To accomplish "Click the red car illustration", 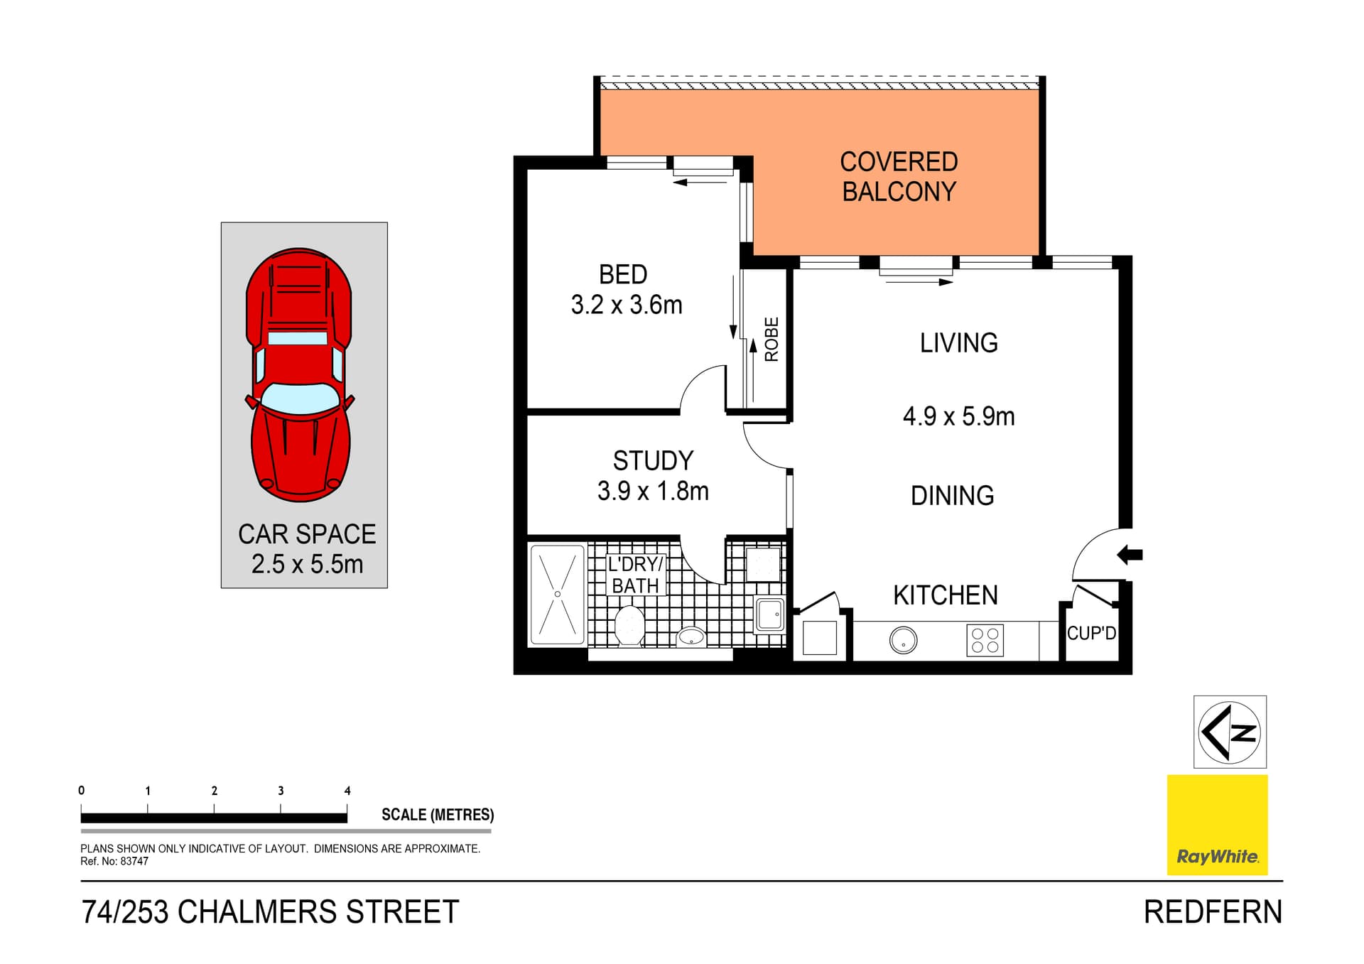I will [x=299, y=374].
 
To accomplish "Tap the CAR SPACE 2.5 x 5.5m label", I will [x=307, y=549].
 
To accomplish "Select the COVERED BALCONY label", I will [x=899, y=176].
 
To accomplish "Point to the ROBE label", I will [x=772, y=340].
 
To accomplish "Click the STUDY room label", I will [x=653, y=461].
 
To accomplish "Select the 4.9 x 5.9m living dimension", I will [x=958, y=416].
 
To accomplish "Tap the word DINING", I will [x=952, y=496].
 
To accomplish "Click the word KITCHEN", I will [x=945, y=595].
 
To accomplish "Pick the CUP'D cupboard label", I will [x=1091, y=633].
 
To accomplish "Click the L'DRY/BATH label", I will [x=635, y=575].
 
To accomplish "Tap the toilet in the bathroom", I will [x=629, y=626].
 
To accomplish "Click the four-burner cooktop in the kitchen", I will [x=985, y=640].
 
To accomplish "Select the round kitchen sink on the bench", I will [x=903, y=641].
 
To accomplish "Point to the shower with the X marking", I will [x=558, y=595].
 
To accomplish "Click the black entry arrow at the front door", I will [x=1130, y=555].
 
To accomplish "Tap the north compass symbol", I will [x=1230, y=732].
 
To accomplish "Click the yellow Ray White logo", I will [x=1217, y=825].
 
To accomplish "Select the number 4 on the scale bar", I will [x=347, y=791].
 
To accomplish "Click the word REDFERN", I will [x=1213, y=912].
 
